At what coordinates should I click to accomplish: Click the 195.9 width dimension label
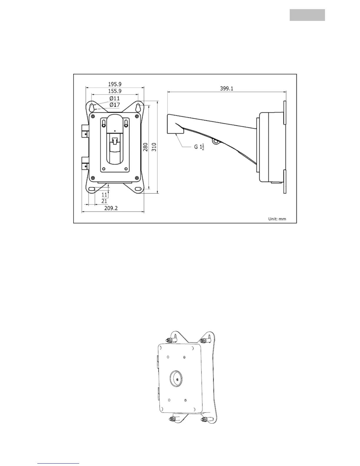pyautogui.click(x=115, y=84)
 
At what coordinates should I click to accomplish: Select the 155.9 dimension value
pyautogui.click(x=115, y=91)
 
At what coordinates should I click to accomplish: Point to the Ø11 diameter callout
pyautogui.click(x=115, y=98)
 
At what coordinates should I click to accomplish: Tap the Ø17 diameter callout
pyautogui.click(x=115, y=105)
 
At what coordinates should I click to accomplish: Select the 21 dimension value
pyautogui.click(x=104, y=201)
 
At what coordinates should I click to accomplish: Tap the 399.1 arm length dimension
pyautogui.click(x=227, y=88)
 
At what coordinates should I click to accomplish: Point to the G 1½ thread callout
pyautogui.click(x=199, y=147)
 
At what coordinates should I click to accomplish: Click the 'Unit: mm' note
pyautogui.click(x=277, y=219)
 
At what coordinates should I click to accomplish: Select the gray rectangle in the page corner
pyautogui.click(x=307, y=15)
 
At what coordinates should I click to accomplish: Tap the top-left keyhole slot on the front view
pyautogui.click(x=92, y=106)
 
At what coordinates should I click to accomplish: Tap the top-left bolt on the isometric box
pyautogui.click(x=170, y=340)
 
